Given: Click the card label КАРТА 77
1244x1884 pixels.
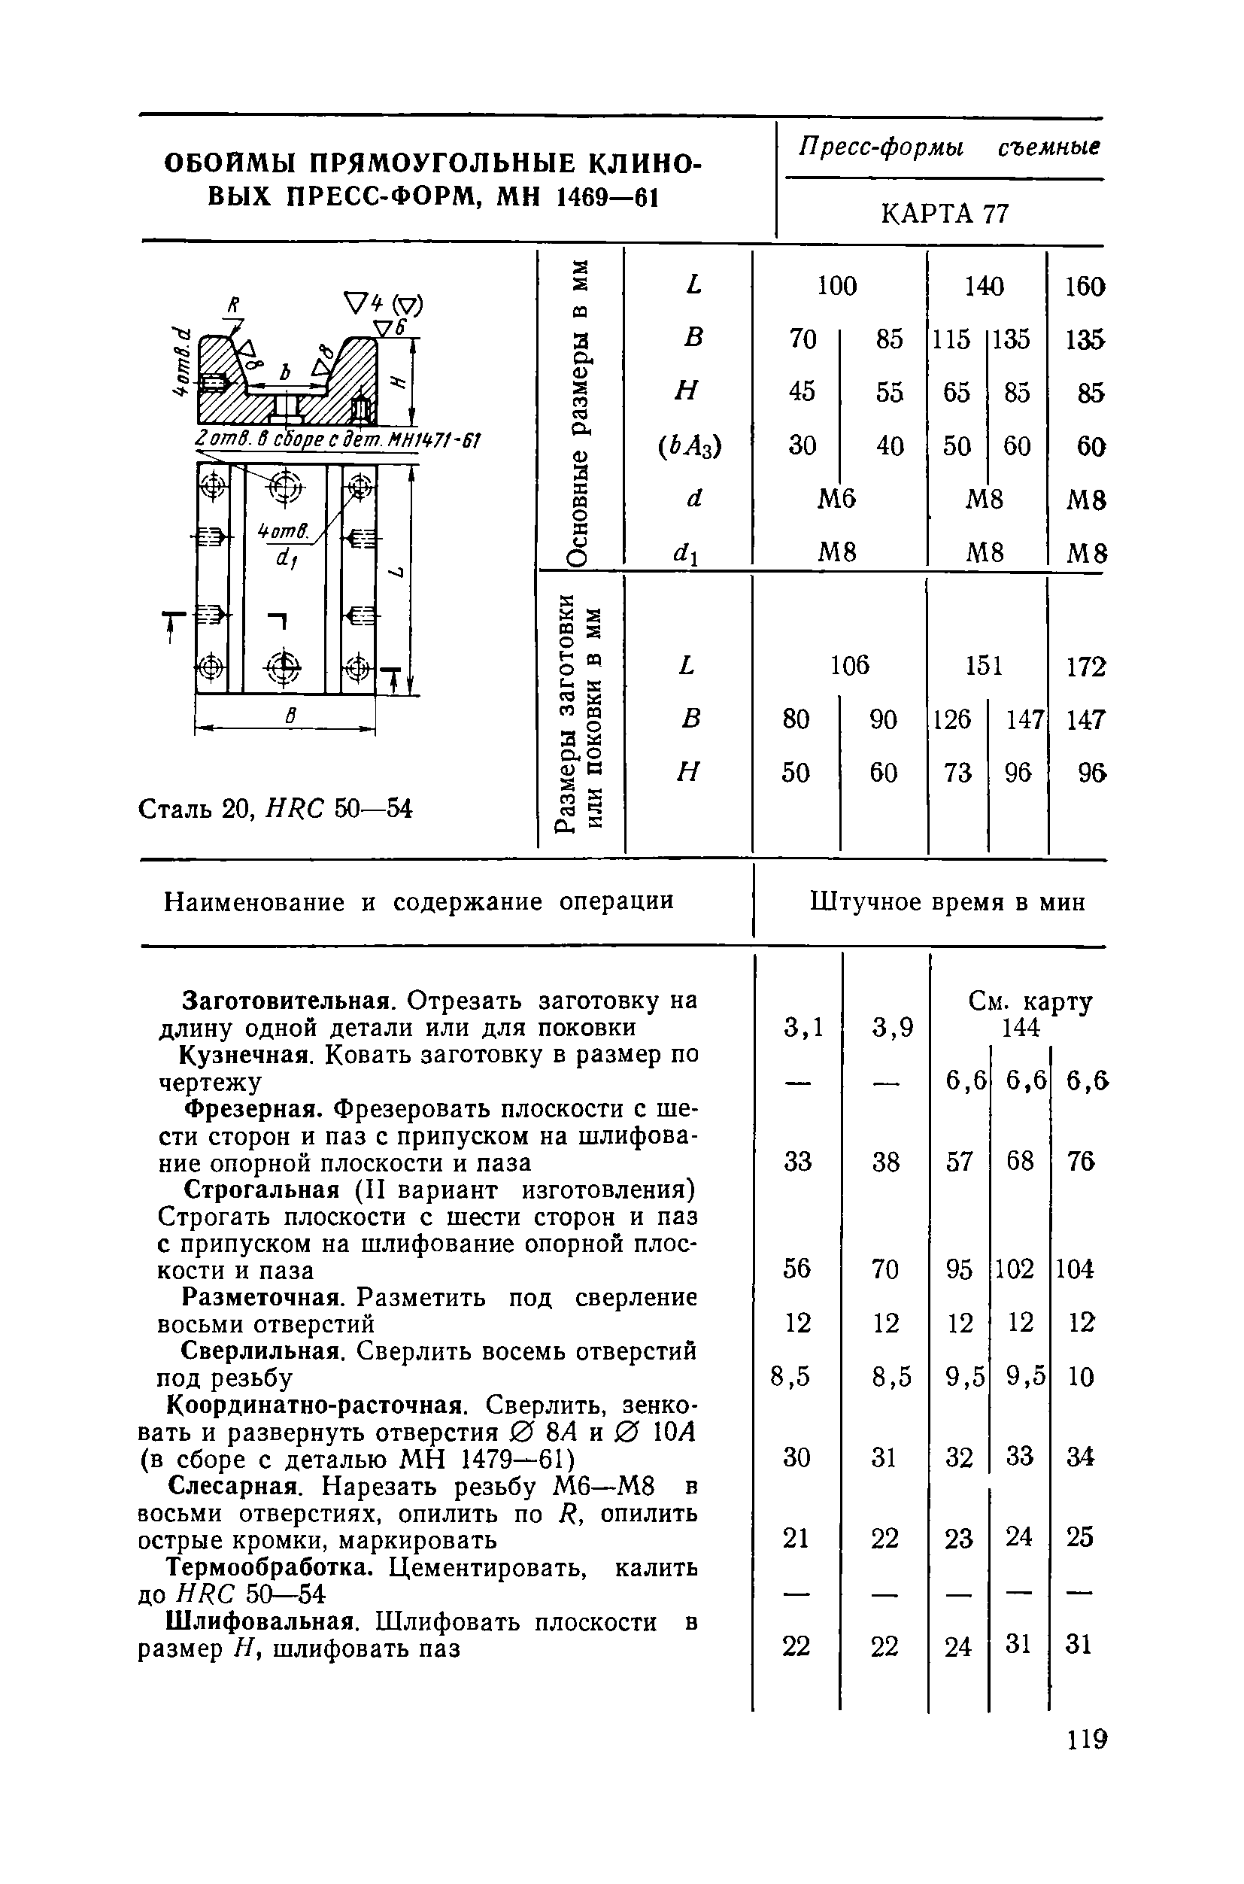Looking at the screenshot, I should click(944, 214).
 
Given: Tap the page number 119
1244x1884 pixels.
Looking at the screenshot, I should click(1085, 1740).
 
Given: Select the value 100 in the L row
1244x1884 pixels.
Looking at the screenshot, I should click(837, 286).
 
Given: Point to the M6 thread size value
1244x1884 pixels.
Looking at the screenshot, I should click(837, 498).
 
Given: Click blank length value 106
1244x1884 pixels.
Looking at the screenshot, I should click(850, 665).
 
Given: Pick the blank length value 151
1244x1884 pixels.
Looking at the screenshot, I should click(983, 665).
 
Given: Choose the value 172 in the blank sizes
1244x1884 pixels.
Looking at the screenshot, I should click(1085, 667).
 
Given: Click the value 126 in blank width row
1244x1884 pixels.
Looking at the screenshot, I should click(952, 719).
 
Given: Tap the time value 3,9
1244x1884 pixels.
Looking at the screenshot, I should click(893, 1029).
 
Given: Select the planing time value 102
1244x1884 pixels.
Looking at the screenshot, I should click(1015, 1270).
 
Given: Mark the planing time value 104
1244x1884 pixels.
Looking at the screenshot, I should click(1075, 1270).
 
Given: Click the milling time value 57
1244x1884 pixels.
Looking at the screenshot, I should click(958, 1162).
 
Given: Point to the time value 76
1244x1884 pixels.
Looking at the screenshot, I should click(1081, 1162).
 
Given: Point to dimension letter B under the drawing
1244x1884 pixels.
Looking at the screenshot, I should click(290, 716).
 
